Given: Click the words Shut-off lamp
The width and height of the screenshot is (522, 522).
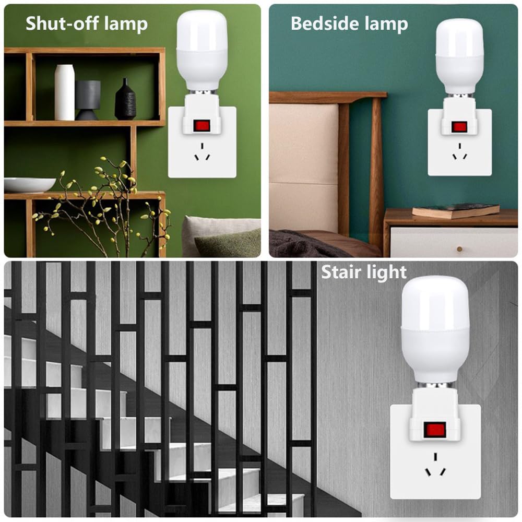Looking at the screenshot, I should [87, 23].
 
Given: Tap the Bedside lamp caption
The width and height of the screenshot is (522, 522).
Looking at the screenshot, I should [349, 23].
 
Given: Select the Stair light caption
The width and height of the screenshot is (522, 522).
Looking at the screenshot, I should [363, 272].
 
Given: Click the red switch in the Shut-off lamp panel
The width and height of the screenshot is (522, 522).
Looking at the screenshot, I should [201, 125].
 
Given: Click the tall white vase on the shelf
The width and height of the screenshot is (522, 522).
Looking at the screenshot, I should [65, 92].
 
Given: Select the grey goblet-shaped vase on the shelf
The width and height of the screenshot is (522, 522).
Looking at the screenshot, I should [88, 100].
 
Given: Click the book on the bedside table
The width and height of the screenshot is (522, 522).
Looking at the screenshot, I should [456, 210].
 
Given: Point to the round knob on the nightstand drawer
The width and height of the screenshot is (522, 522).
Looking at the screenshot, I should [459, 248].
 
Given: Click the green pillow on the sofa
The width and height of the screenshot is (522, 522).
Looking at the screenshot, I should [230, 243].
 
